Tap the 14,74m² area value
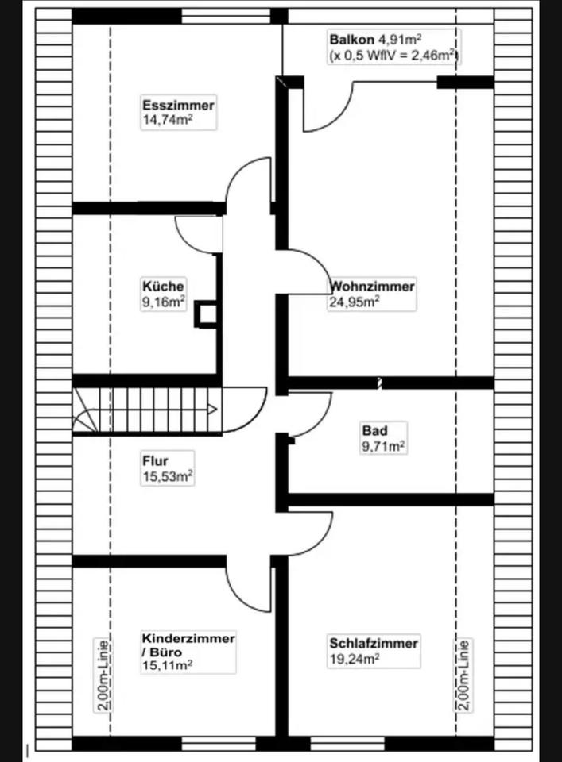pyautogui.click(x=169, y=120)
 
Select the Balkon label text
pyautogui.click(x=351, y=39)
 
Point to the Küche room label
pyautogui.click(x=164, y=286)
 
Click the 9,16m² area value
pyautogui.click(x=164, y=301)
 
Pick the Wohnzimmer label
pyautogui.click(x=372, y=286)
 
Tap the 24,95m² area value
pyautogui.click(x=354, y=301)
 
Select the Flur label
pyautogui.click(x=156, y=460)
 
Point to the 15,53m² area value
pyautogui.click(x=168, y=475)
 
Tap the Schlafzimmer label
pyautogui.click(x=374, y=644)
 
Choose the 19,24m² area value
pyautogui.click(x=354, y=658)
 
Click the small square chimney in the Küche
pyautogui.click(x=207, y=314)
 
